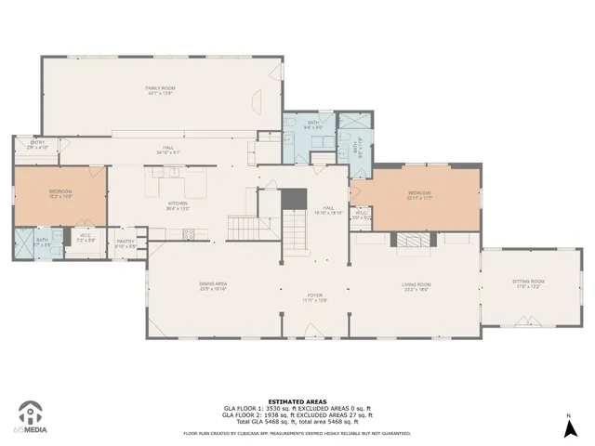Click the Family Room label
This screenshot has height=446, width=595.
[x=161, y=90]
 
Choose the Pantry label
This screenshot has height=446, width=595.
[x=126, y=243]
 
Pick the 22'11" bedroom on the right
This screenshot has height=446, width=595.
[x=419, y=196]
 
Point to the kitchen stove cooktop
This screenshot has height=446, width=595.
[x=190, y=233]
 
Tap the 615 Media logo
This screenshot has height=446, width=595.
[x=31, y=417]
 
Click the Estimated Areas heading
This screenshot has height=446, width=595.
[x=297, y=401]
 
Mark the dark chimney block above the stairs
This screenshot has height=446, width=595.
[x=294, y=198]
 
